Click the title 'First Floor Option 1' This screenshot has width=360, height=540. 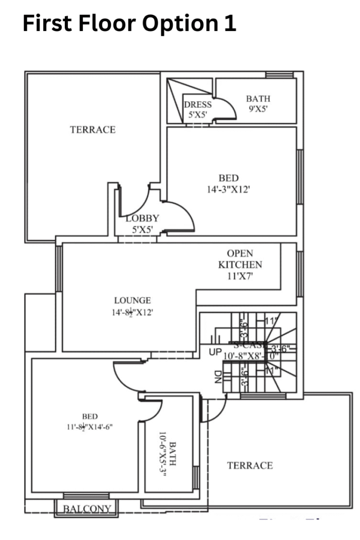[x=129, y=24]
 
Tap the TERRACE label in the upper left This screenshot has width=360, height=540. [x=93, y=130]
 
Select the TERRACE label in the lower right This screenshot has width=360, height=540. [x=250, y=465]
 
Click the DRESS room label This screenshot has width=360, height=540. [x=198, y=104]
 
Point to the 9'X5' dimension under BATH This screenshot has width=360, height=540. [x=258, y=109]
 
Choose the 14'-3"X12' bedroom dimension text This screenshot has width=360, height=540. [x=228, y=189]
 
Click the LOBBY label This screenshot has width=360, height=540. [x=142, y=218]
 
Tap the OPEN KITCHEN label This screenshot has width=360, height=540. [x=240, y=259]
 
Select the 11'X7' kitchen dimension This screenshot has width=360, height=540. [x=240, y=275]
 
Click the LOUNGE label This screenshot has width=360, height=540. [x=132, y=301]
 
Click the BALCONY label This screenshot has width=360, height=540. [x=87, y=509]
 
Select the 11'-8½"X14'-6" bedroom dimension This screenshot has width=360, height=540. [x=86, y=427]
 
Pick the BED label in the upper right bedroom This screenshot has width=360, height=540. [x=228, y=178]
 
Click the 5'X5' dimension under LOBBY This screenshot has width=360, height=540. [x=142, y=229]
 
